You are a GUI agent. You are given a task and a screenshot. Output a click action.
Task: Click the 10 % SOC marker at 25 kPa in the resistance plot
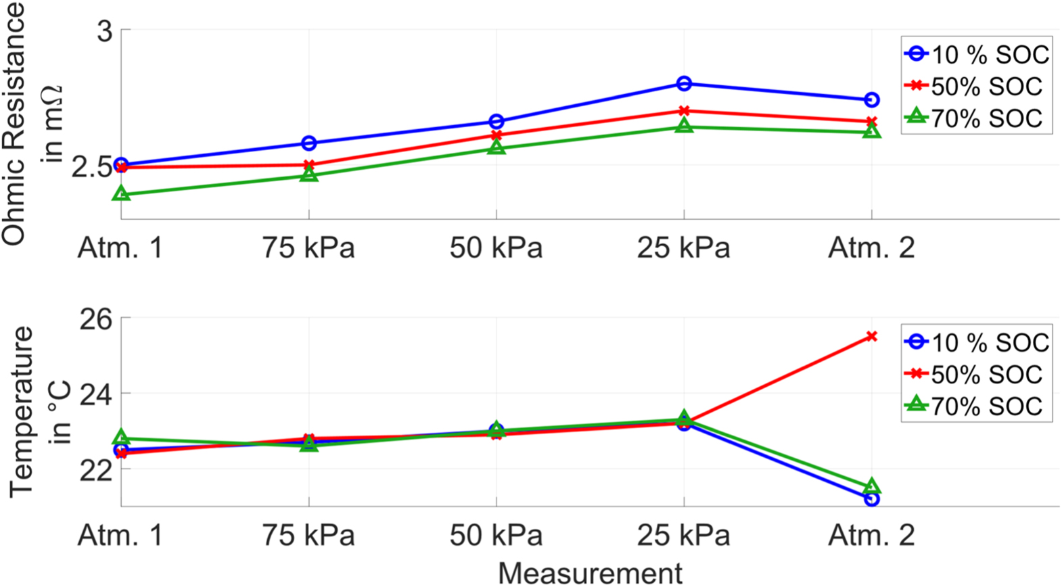pyautogui.click(x=684, y=84)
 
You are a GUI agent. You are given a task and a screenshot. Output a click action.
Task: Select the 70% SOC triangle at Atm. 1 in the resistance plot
pyautogui.click(x=121, y=194)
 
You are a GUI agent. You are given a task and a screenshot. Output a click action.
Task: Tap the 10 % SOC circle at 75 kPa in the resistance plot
pyautogui.click(x=308, y=143)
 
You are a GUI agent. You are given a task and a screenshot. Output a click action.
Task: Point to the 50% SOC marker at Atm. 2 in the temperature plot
pyautogui.click(x=871, y=336)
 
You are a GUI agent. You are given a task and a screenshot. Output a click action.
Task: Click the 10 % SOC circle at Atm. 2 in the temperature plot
pyautogui.click(x=871, y=499)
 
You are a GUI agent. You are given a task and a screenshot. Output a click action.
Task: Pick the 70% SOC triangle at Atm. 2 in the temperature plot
pyautogui.click(x=871, y=487)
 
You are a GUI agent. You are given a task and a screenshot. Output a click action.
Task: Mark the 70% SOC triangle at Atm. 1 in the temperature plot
pyautogui.click(x=121, y=438)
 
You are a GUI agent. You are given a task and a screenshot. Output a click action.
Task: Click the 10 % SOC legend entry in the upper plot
pyautogui.click(x=976, y=55)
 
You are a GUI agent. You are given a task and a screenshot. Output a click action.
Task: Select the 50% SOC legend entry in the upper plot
pyautogui.click(x=976, y=87)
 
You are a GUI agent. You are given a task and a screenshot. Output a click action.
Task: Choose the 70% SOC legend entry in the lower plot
pyautogui.click(x=976, y=406)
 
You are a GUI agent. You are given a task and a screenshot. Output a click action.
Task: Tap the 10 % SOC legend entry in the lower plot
pyautogui.click(x=976, y=343)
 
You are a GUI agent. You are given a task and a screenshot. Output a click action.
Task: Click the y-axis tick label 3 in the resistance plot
pyautogui.click(x=105, y=31)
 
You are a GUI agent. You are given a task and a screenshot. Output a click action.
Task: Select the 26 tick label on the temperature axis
pyautogui.click(x=96, y=319)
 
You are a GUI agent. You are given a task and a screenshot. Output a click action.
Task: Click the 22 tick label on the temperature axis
pyautogui.click(x=96, y=470)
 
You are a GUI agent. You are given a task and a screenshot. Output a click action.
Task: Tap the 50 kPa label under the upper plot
pyautogui.click(x=496, y=248)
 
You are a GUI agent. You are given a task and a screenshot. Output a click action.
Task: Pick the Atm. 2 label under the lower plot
pyautogui.click(x=871, y=536)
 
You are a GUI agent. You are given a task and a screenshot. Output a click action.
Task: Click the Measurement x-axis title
pyautogui.click(x=590, y=573)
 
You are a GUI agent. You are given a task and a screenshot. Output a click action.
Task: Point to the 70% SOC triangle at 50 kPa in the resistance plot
pyautogui.click(x=497, y=147)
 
